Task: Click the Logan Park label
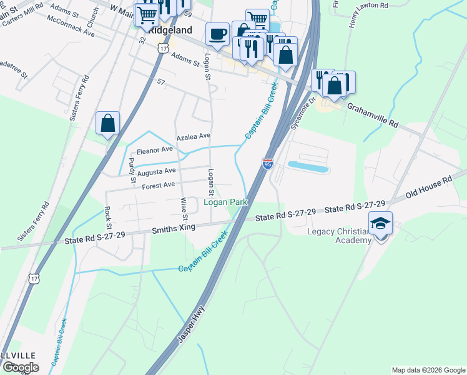226,202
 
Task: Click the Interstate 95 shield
267,164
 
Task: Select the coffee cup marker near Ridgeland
217,34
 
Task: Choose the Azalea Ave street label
194,136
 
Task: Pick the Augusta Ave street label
157,171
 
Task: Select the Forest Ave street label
159,185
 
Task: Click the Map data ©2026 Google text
428,370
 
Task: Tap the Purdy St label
132,171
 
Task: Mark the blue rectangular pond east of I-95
307,167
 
